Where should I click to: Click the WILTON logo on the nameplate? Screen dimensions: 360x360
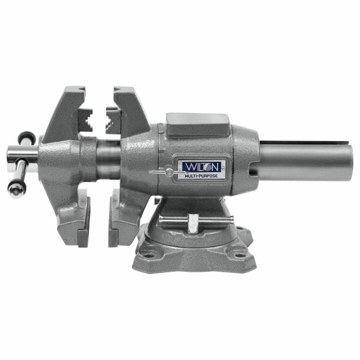[201, 166]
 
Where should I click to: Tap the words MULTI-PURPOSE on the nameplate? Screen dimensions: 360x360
[201, 176]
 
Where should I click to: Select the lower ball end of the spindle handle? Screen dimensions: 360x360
[16, 190]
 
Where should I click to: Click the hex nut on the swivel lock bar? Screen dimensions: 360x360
[193, 223]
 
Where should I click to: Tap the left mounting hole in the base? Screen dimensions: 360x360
[148, 255]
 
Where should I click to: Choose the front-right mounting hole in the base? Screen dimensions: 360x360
[240, 255]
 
